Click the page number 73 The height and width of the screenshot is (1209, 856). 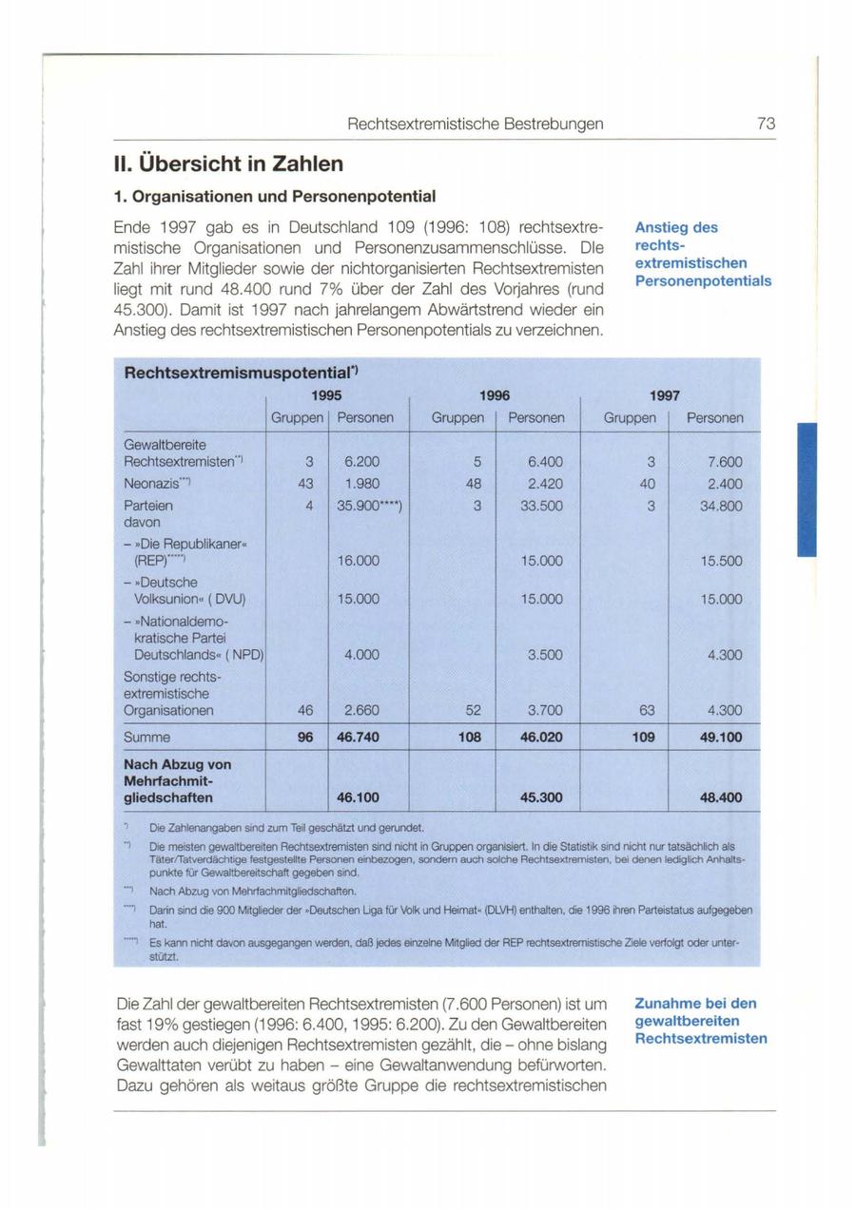coord(767,125)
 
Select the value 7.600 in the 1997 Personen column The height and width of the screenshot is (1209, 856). coord(724,461)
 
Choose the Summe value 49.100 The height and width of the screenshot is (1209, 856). coord(722,737)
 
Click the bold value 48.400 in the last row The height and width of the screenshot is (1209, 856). coord(722,797)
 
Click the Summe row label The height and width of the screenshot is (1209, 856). coord(147,737)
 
